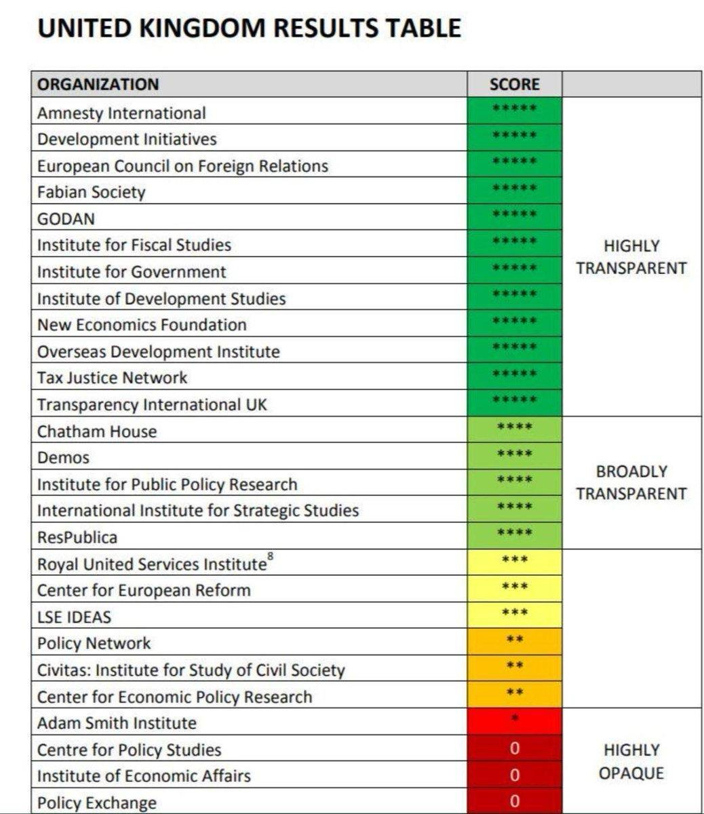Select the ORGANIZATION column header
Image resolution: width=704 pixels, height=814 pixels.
pyautogui.click(x=98, y=84)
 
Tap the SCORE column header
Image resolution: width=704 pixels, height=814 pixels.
pyautogui.click(x=514, y=84)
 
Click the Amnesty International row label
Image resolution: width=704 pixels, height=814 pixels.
pyautogui.click(x=121, y=113)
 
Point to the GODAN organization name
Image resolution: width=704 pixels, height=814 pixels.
pyautogui.click(x=66, y=218)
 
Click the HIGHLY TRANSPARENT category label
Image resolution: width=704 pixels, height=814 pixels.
pyautogui.click(x=631, y=257)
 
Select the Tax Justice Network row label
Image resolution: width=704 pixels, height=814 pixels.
pyautogui.click(x=112, y=378)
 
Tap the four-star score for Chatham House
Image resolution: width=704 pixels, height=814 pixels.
pyautogui.click(x=514, y=428)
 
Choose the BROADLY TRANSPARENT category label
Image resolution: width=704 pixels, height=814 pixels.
pyautogui.click(x=631, y=482)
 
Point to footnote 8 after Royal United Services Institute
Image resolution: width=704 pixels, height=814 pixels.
pyautogui.click(x=271, y=557)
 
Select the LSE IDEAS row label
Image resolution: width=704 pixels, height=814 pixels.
pyautogui.click(x=74, y=617)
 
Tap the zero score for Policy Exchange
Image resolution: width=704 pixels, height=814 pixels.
pyautogui.click(x=514, y=801)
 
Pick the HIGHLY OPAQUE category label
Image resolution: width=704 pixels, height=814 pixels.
pyautogui.click(x=631, y=762)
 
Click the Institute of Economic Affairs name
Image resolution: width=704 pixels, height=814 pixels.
pyautogui.click(x=144, y=776)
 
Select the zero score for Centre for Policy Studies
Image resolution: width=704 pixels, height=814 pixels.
pyautogui.click(x=514, y=749)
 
